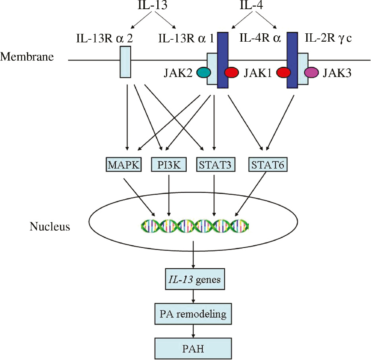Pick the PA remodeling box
click(x=193, y=314)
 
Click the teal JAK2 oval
click(x=203, y=72)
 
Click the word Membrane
click(x=27, y=57)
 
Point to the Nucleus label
click(x=50, y=227)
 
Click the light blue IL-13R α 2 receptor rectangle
click(x=126, y=62)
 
